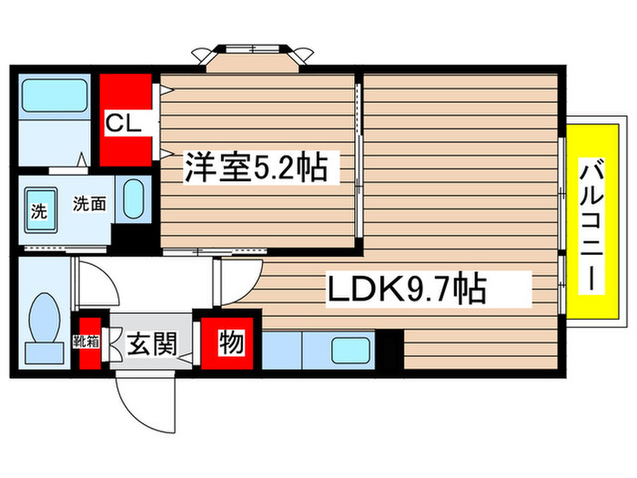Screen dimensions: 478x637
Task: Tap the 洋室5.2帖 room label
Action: tap(256, 168)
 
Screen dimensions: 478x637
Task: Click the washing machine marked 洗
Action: tap(39, 212)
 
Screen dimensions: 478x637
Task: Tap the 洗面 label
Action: tap(90, 204)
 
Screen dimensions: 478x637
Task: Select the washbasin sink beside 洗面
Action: tap(134, 198)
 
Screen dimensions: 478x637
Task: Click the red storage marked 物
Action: tap(230, 343)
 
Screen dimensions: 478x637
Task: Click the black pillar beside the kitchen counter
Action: tap(389, 349)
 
